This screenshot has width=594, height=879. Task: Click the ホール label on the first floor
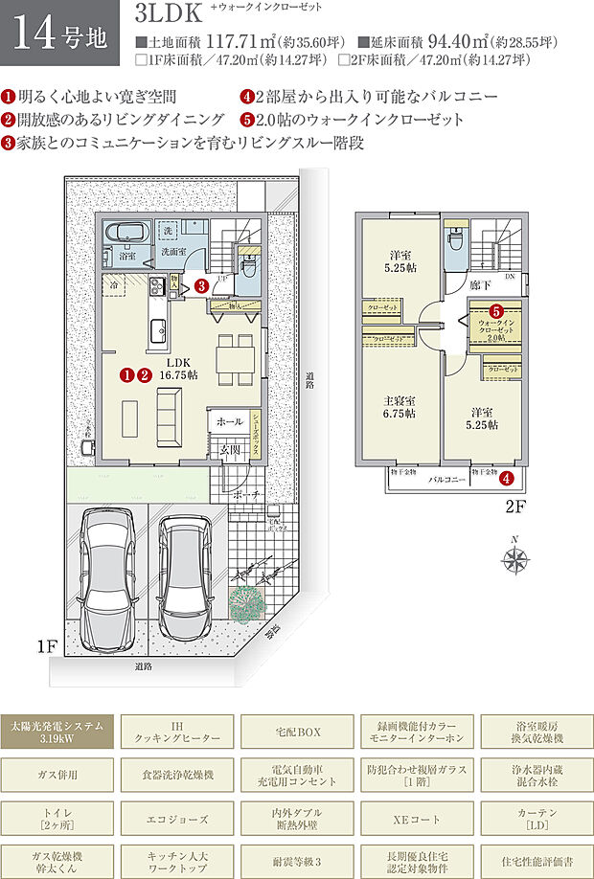[229, 420]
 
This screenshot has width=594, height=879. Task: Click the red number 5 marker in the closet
[496, 311]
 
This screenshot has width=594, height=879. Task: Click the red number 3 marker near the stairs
[202, 284]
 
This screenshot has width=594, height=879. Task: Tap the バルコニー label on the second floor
[446, 477]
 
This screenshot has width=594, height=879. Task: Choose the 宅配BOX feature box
[296, 733]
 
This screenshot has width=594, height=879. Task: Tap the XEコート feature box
[416, 821]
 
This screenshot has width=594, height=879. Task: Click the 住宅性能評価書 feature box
[536, 864]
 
